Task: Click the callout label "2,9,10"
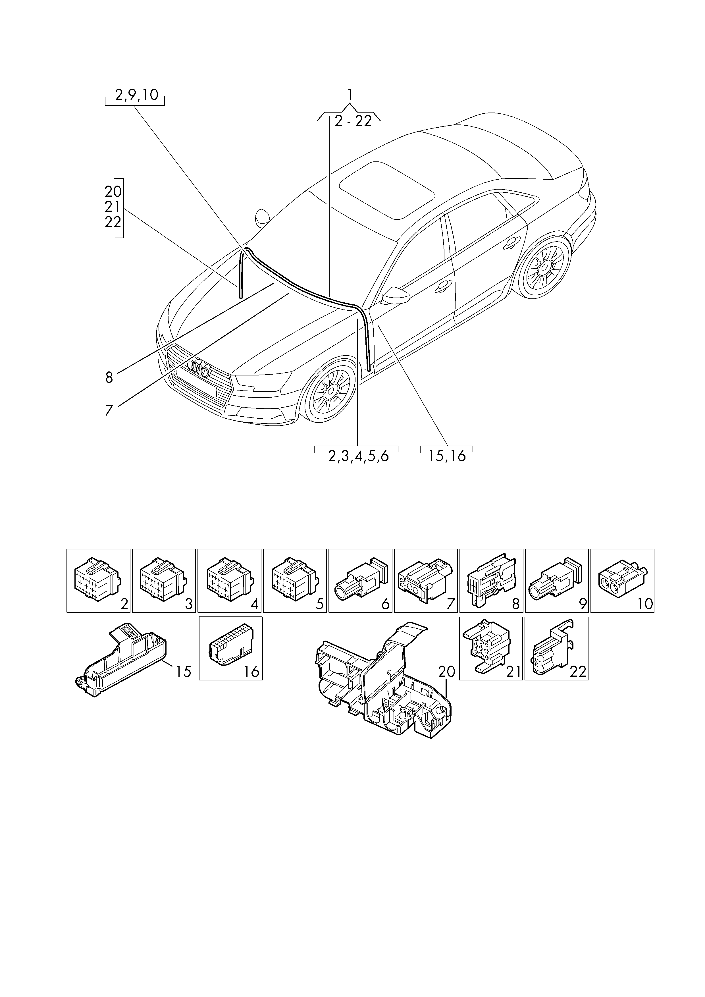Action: [x=137, y=95]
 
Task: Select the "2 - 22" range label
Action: [x=353, y=121]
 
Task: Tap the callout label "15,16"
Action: [x=447, y=456]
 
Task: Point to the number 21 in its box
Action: [x=513, y=672]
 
